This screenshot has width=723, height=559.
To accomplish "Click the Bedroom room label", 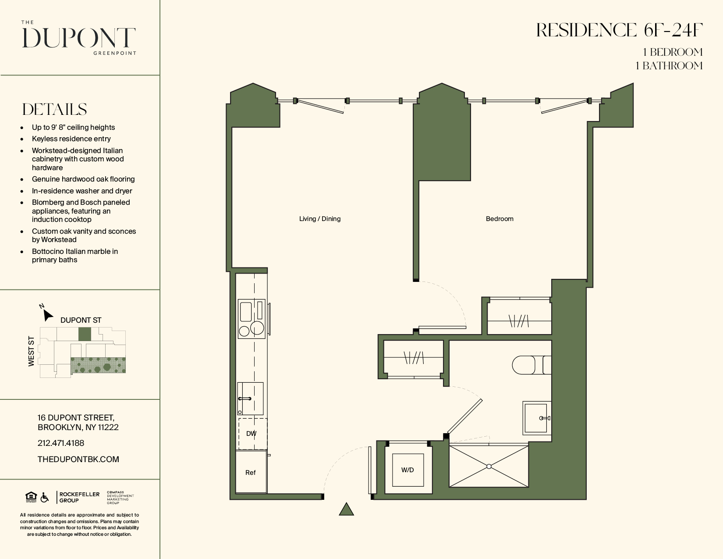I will (x=500, y=219).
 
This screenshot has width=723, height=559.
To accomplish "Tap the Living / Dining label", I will (x=319, y=219).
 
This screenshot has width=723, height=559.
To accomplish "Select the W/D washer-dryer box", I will (x=408, y=470).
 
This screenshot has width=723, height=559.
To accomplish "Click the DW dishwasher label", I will (x=251, y=434).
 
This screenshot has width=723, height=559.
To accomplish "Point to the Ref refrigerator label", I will (x=250, y=473).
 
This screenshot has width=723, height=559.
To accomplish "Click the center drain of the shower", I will (x=489, y=466).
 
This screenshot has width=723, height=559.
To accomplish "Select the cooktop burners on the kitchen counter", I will (x=252, y=329).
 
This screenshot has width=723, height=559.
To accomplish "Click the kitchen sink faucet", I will (x=245, y=399).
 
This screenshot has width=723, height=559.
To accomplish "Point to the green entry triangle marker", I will (x=346, y=509).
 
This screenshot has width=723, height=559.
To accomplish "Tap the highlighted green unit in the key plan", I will (x=85, y=334).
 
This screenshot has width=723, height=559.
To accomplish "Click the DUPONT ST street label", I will (x=81, y=320).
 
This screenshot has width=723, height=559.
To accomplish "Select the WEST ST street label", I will (x=31, y=351).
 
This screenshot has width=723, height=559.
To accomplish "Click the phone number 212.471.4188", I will (x=61, y=443).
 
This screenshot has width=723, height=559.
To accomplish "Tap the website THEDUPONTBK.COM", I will (x=78, y=459).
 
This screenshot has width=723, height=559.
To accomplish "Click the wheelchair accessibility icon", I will (x=44, y=498).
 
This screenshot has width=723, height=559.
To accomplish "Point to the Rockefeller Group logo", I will (x=79, y=497).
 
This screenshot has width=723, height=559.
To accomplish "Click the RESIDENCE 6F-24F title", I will (x=619, y=30).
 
